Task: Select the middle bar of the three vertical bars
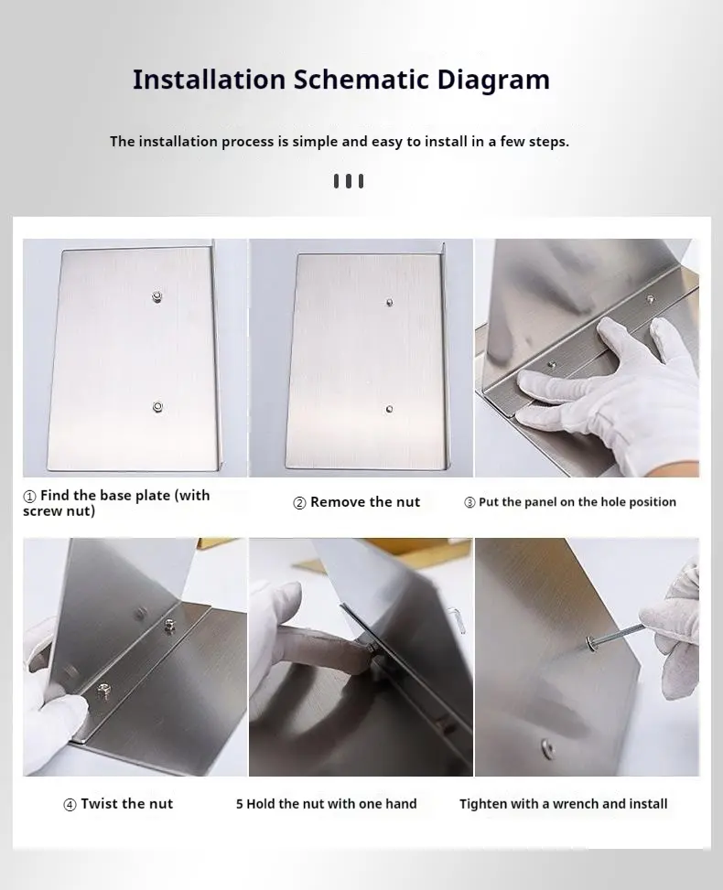[349, 181]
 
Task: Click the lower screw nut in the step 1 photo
[158, 407]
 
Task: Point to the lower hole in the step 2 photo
[390, 409]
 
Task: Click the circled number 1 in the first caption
[30, 496]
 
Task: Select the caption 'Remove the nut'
[365, 502]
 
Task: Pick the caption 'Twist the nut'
[126, 804]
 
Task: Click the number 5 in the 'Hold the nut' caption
[240, 804]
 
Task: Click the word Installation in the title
[210, 80]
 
